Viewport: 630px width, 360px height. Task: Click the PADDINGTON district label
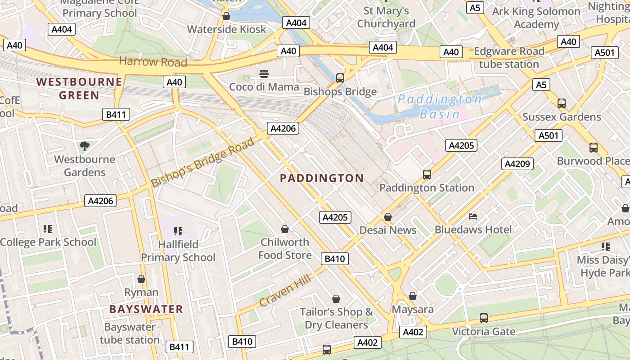[x=322, y=178]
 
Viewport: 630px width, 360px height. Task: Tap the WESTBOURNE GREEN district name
[x=79, y=88]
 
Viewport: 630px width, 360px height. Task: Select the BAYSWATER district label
[x=146, y=309]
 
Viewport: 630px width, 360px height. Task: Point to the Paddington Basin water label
[x=440, y=106]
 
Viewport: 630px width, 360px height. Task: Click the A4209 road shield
[x=517, y=164]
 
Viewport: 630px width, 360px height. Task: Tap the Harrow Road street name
[x=153, y=62]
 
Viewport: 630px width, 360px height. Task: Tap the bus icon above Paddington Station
[x=427, y=174]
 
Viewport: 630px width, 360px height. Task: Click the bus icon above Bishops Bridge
[x=340, y=78]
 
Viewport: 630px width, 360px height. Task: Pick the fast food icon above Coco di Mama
[x=264, y=73]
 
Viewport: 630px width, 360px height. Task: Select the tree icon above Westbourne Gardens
[x=84, y=146]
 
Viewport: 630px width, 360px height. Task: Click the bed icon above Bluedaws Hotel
[x=473, y=216]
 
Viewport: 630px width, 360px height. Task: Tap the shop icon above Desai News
[x=388, y=217]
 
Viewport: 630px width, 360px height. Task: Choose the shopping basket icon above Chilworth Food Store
[x=285, y=229]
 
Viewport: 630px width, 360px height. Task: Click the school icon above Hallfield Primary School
[x=178, y=231]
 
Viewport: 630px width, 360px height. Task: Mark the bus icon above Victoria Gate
[x=483, y=318]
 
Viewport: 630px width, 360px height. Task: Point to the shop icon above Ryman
[x=141, y=279]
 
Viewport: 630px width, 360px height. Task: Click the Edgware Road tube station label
[x=509, y=58]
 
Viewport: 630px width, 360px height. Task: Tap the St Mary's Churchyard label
[x=386, y=17]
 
